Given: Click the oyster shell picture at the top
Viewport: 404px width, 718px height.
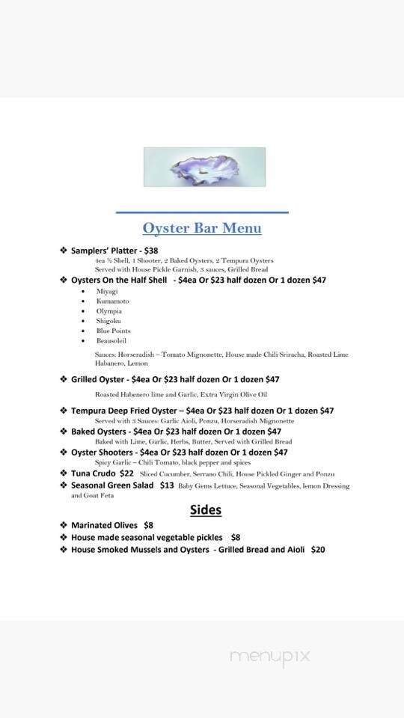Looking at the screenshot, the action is [204, 167].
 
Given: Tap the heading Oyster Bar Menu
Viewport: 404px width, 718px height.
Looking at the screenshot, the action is [202, 228].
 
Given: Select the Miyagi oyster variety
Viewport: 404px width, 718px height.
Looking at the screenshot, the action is [107, 291].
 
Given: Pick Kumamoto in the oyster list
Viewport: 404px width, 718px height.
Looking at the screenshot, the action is [112, 301].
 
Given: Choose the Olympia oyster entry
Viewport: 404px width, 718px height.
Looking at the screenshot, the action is [108, 311].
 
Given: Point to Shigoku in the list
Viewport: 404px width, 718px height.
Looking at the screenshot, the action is [108, 321].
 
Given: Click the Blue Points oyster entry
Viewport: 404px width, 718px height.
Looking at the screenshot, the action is [113, 331].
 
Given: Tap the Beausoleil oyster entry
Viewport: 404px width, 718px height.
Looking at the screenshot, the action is [111, 340].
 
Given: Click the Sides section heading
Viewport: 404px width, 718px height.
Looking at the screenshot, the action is [205, 510].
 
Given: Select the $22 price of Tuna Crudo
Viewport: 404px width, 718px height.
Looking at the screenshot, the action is [126, 473].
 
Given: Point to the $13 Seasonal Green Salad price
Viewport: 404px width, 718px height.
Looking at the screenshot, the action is [167, 485].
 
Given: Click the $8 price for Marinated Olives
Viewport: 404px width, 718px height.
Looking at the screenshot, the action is [148, 525].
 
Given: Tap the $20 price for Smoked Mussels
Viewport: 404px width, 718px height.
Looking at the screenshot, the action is [318, 549].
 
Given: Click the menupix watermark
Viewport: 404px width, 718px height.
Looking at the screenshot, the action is [269, 656].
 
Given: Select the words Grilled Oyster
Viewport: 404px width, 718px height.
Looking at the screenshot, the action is [97, 379].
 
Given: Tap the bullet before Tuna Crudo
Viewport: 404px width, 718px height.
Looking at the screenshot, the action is [64, 473].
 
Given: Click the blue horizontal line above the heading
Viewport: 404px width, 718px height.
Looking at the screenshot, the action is [202, 212].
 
